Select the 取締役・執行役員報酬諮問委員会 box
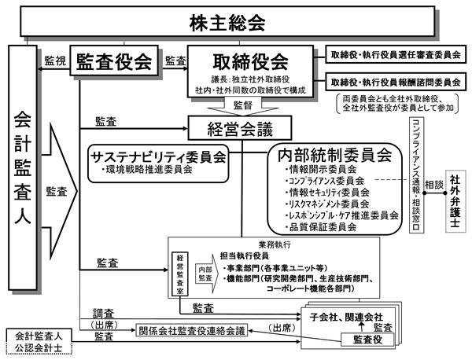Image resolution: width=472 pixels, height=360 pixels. click(x=394, y=81)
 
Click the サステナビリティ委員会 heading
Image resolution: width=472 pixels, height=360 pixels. click(x=158, y=154)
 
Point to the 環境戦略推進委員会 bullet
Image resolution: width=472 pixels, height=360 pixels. click(x=149, y=168)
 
